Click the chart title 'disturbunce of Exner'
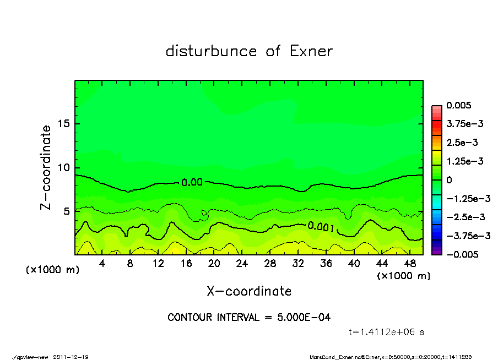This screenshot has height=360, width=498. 249,51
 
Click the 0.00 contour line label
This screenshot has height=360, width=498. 192,183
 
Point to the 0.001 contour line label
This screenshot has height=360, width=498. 322,226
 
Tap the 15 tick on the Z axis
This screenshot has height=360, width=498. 63,124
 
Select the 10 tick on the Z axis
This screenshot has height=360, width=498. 63,168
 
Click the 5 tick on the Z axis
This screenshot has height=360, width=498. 66,211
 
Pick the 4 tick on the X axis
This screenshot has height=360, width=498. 102,264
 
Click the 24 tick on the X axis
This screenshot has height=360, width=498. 242,264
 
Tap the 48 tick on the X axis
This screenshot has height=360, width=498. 409,264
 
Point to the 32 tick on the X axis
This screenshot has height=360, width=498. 297,264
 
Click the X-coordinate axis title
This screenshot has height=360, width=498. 249,291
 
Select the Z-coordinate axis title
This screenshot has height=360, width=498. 46,167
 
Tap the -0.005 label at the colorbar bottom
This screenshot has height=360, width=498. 462,254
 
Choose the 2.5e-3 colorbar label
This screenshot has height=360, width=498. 462,143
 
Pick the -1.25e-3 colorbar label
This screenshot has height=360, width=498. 468,198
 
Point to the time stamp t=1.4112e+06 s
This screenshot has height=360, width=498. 386,332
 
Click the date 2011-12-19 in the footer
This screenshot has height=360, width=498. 71,357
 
